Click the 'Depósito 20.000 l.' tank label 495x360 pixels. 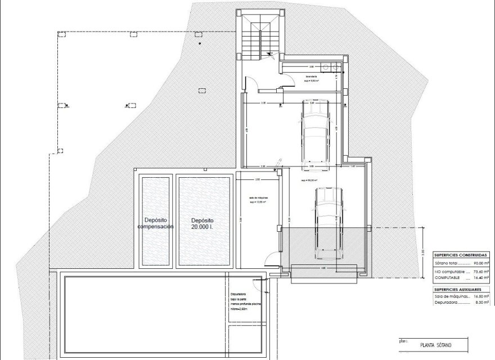(201, 223)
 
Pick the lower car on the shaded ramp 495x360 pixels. (327, 222)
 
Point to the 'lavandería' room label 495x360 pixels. (311, 76)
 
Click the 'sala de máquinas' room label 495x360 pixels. (258, 199)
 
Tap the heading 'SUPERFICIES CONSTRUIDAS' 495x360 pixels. (456, 254)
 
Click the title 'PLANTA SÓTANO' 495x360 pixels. (436, 344)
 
